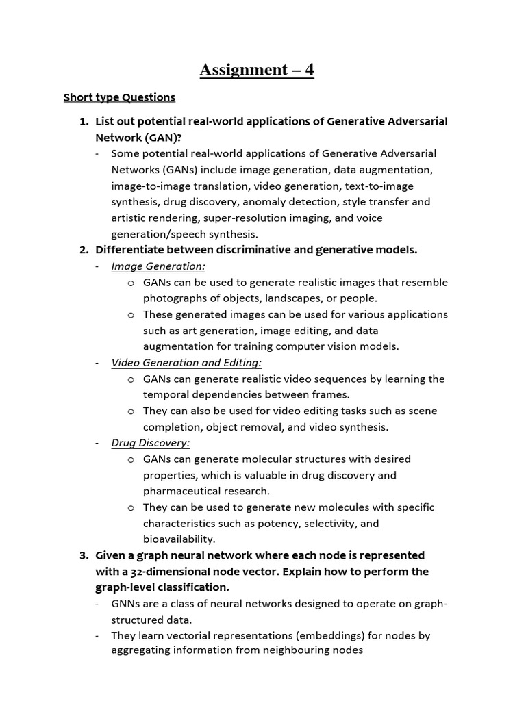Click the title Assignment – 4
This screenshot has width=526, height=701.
point(257,69)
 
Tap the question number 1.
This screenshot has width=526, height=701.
point(84,121)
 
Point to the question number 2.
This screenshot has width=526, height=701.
point(84,250)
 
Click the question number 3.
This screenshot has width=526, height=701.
point(84,555)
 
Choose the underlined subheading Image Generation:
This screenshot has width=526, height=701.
point(158,266)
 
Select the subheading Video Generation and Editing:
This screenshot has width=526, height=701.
point(186,363)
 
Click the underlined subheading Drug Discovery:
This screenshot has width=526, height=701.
point(151,443)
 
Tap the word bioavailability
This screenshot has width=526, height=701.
point(178,539)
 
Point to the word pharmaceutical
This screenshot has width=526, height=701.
point(184,491)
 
